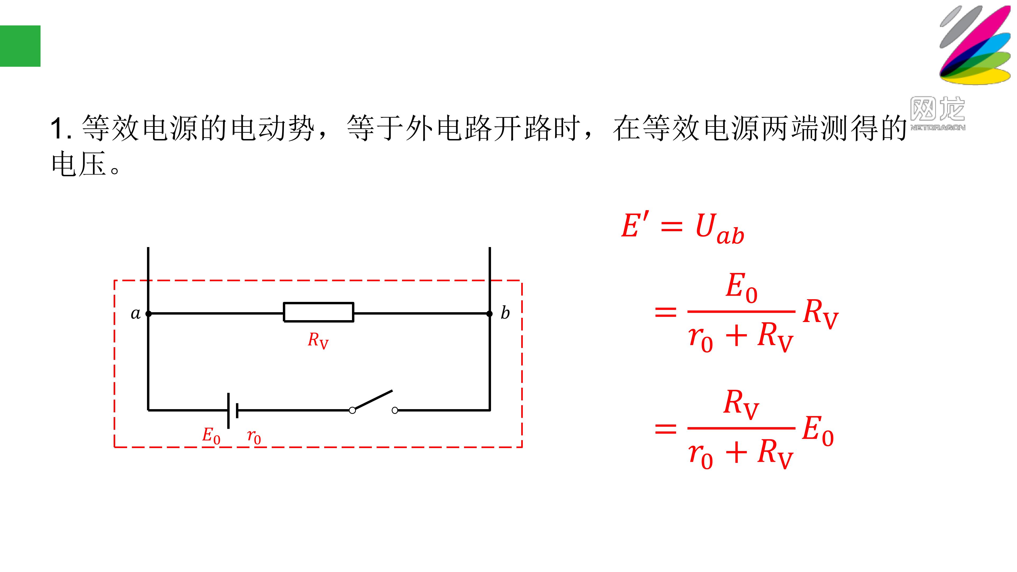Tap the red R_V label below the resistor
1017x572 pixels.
(318, 341)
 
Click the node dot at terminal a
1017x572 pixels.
(148, 314)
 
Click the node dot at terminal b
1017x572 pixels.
(489, 314)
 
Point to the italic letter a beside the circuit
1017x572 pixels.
(135, 314)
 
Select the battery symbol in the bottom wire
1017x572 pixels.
(233, 410)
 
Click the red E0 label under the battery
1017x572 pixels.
(211, 436)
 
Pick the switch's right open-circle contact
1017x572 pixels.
(395, 410)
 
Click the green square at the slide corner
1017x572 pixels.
(20, 46)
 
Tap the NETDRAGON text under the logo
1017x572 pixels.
(938, 127)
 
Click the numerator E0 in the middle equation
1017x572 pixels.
(742, 288)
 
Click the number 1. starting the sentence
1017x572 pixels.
(61, 128)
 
